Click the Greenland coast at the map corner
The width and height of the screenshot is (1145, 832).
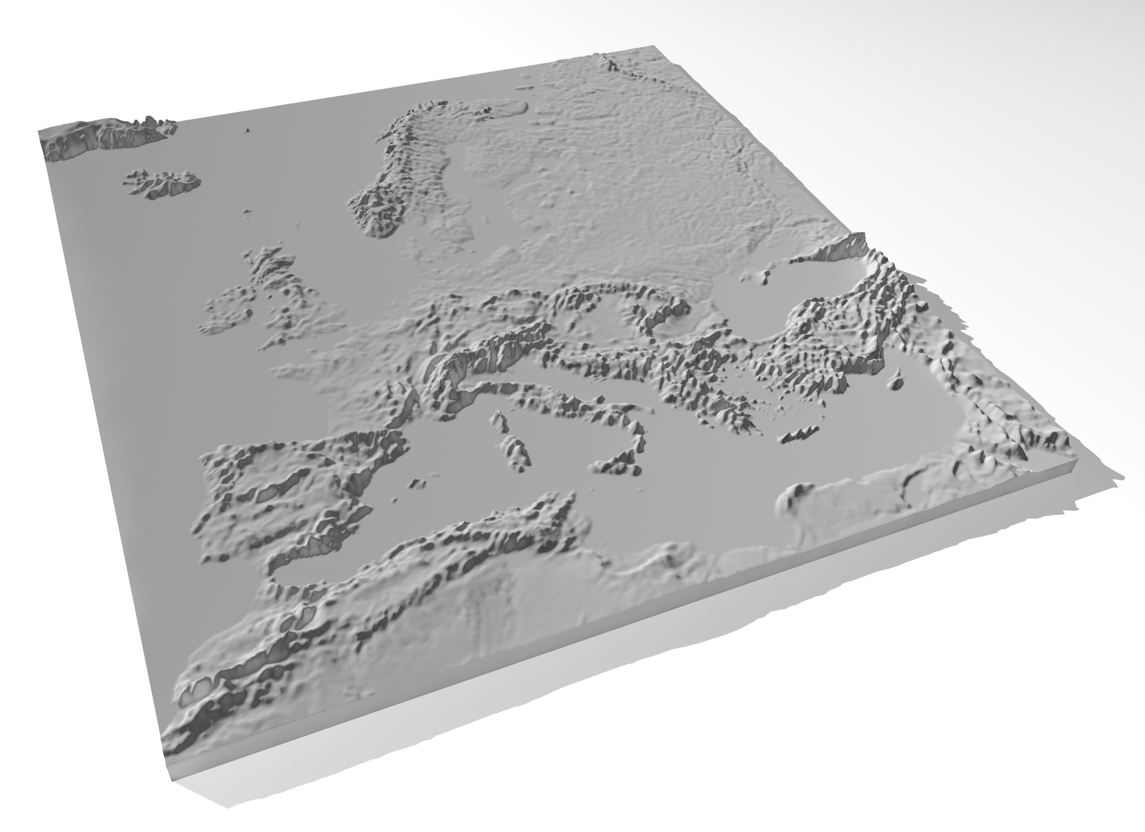click(x=101, y=139)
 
